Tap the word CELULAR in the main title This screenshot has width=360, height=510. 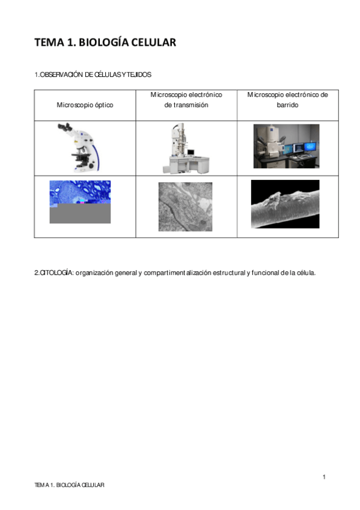(154, 42)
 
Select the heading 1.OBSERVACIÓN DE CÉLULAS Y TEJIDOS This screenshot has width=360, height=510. (93, 75)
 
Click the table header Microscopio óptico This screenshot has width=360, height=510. (85, 105)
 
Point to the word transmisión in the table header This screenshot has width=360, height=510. (186, 105)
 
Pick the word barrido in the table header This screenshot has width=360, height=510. (288, 105)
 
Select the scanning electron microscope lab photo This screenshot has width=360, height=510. (286, 146)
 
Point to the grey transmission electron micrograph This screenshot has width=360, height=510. (185, 206)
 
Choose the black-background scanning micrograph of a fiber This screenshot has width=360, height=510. (285, 204)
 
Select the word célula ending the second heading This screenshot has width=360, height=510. (305, 272)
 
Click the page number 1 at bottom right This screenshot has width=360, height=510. (324, 477)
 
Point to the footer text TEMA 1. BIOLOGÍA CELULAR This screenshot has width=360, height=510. (69, 485)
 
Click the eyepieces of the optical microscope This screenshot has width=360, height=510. (65, 128)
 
